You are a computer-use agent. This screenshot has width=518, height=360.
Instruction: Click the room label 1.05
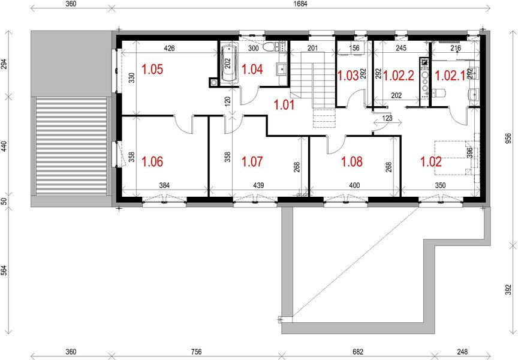tap(152, 70)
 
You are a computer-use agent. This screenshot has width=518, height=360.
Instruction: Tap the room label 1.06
tap(152, 161)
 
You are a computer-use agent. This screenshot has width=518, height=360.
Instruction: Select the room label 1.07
tap(252, 161)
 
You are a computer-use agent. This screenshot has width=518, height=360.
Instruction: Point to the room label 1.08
tap(352, 161)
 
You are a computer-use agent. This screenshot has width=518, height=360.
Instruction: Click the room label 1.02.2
tap(399, 76)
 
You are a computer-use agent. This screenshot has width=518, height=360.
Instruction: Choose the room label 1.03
tap(348, 76)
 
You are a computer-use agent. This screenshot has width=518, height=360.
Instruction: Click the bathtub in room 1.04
tap(227, 65)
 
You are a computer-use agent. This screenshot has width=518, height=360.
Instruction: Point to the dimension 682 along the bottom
tap(355, 352)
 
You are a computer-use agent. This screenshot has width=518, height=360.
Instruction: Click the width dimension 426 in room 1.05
tap(169, 48)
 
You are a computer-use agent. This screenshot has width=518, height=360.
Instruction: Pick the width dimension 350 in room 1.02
tap(441, 186)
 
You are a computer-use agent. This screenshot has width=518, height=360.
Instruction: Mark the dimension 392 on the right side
tap(508, 289)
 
